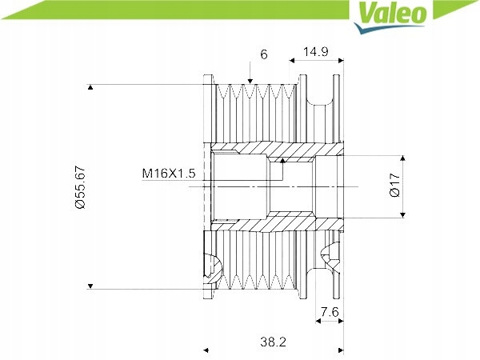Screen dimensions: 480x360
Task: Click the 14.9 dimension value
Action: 316,51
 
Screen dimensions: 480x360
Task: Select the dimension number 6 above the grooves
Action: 264,54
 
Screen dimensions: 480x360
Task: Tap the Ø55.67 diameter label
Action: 80,187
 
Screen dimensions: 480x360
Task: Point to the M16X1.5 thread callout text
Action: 169,174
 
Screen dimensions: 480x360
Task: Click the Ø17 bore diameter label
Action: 395,184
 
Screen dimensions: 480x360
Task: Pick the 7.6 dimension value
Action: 330,312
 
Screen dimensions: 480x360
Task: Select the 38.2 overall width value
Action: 273,342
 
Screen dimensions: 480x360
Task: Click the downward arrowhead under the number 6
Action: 250,81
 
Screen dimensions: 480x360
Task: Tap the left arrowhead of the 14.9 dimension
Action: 292,61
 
